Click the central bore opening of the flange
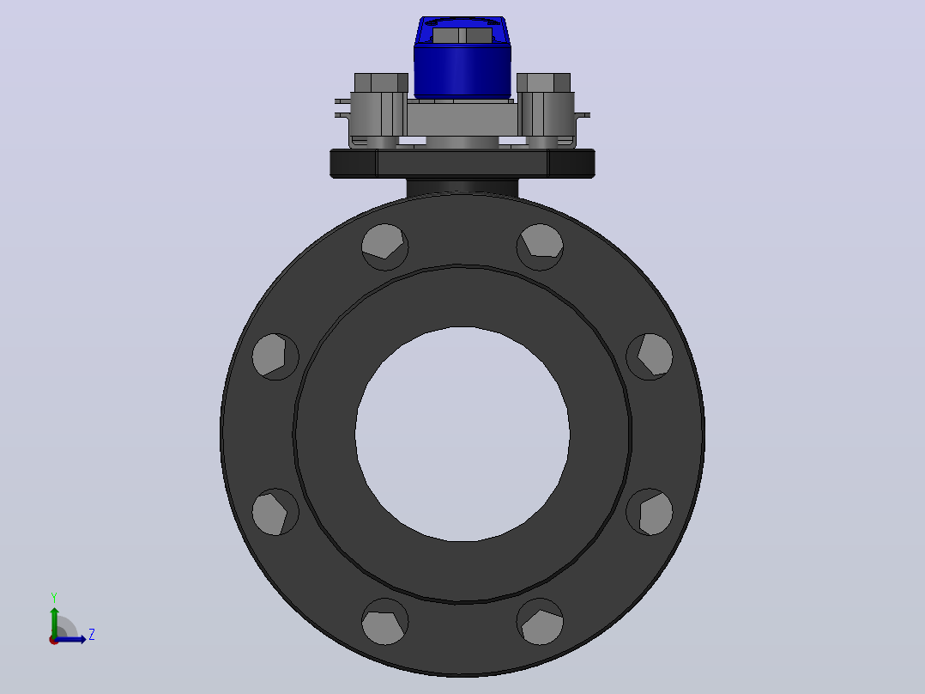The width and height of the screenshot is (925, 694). [462, 434]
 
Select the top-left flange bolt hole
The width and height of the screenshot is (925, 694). [384, 247]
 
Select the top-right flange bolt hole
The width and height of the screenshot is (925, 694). [540, 247]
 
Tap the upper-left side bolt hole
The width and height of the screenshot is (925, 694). [275, 356]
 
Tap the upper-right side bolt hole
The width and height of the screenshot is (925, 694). [650, 356]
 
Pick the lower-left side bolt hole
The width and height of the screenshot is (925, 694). [275, 512]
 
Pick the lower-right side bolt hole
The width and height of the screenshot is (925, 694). [650, 512]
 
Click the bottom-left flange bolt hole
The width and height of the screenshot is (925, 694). [384, 621]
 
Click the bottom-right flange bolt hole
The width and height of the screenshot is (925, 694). [540, 621]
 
